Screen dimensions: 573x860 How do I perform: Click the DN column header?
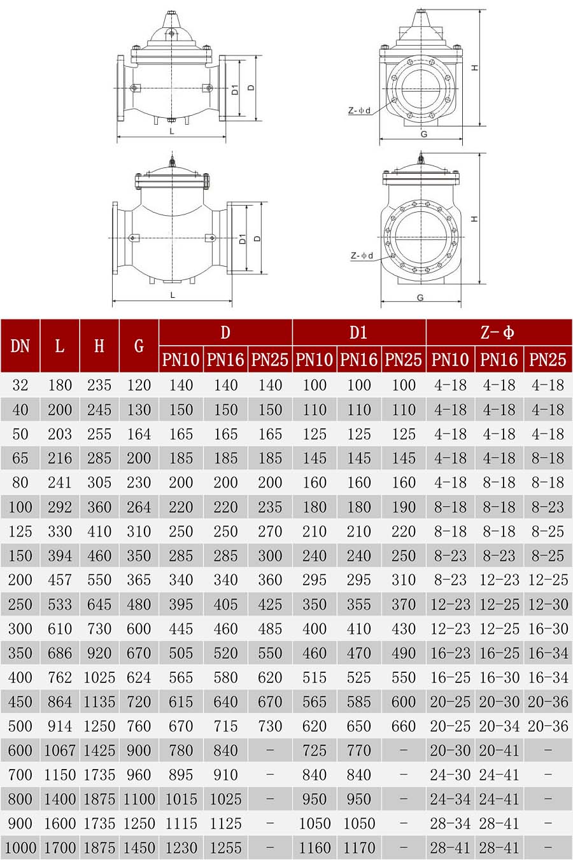[20, 346]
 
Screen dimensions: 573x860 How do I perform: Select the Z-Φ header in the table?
[497, 332]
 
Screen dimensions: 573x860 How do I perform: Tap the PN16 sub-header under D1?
[358, 360]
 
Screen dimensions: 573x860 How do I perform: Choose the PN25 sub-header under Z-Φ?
[548, 360]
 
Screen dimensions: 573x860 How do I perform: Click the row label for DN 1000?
[20, 847]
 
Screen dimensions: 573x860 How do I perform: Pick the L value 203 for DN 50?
[59, 434]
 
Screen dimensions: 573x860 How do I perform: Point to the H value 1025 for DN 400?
[99, 677]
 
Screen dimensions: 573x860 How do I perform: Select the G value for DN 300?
[139, 628]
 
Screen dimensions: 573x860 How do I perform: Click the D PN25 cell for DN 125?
[270, 532]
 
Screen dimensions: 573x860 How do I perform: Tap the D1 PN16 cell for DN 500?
[358, 726]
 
